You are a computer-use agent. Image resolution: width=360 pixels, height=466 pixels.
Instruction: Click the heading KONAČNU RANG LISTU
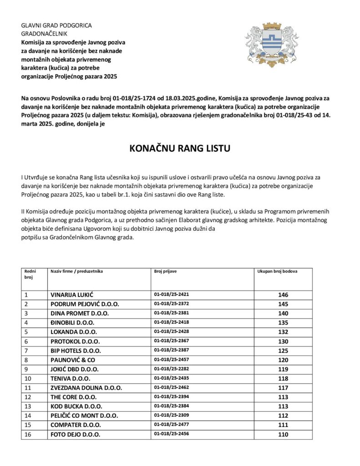(180, 149)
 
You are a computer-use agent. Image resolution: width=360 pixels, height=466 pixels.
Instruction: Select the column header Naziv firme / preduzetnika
(77, 272)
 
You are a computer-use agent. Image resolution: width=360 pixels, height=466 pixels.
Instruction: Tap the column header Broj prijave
(166, 272)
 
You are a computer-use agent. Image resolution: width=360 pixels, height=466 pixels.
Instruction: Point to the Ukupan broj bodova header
(278, 272)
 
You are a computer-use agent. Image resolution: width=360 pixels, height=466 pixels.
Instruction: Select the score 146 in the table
(283, 295)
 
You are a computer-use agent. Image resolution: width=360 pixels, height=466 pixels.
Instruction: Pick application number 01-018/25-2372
(172, 304)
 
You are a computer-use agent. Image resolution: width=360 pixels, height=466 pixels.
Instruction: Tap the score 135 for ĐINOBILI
(283, 323)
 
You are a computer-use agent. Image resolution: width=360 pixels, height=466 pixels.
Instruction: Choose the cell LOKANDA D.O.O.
(73, 332)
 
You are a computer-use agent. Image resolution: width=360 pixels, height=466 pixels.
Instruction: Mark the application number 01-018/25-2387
(172, 350)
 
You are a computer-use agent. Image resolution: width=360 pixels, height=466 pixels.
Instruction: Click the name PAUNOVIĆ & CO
(73, 360)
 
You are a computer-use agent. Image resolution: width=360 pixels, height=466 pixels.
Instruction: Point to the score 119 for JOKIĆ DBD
(283, 370)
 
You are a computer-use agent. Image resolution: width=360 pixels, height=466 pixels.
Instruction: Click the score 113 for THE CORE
(283, 397)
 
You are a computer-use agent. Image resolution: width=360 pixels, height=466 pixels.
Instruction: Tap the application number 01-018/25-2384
(172, 406)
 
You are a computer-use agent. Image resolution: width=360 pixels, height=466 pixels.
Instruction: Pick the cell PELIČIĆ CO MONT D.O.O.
(84, 416)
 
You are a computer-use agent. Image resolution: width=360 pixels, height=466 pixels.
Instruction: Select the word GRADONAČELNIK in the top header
(44, 34)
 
